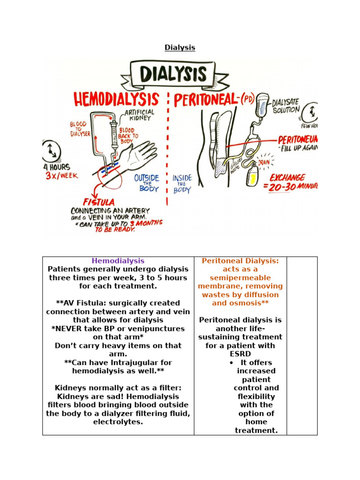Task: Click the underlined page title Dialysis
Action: coord(180,47)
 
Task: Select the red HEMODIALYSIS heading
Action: coord(116,99)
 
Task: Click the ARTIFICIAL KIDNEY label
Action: coord(139,116)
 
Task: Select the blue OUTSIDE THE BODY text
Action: coord(146,183)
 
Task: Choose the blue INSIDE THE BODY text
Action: coord(182,184)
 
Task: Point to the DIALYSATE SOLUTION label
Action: coord(286,106)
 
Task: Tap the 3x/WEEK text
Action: coord(61,176)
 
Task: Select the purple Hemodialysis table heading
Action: coord(118,261)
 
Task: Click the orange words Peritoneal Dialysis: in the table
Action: coord(240,261)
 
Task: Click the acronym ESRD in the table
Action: coord(240,354)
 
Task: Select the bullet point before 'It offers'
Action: coord(232,363)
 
